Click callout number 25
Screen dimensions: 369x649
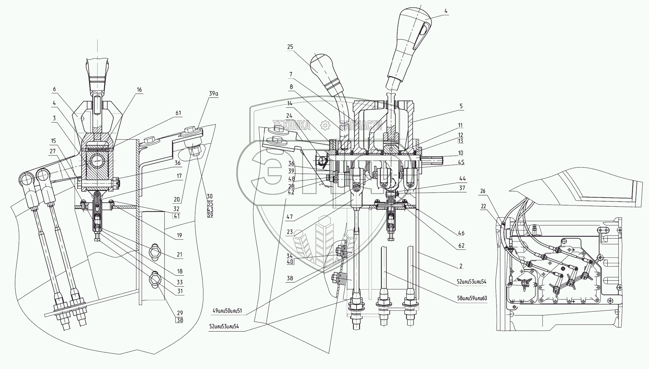pyautogui.click(x=290, y=47)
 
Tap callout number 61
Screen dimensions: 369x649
pyautogui.click(x=178, y=113)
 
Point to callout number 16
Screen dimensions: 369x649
pyautogui.click(x=139, y=90)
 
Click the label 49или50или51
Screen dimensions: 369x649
pyautogui.click(x=227, y=311)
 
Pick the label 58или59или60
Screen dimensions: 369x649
pyautogui.click(x=472, y=298)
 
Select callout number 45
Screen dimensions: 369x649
pyautogui.click(x=461, y=162)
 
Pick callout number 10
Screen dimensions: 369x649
pyautogui.click(x=461, y=153)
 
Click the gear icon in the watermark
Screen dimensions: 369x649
pyautogui.click(x=325, y=125)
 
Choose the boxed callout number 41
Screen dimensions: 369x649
pyautogui.click(x=176, y=216)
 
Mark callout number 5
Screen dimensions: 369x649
pyautogui.click(x=461, y=106)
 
